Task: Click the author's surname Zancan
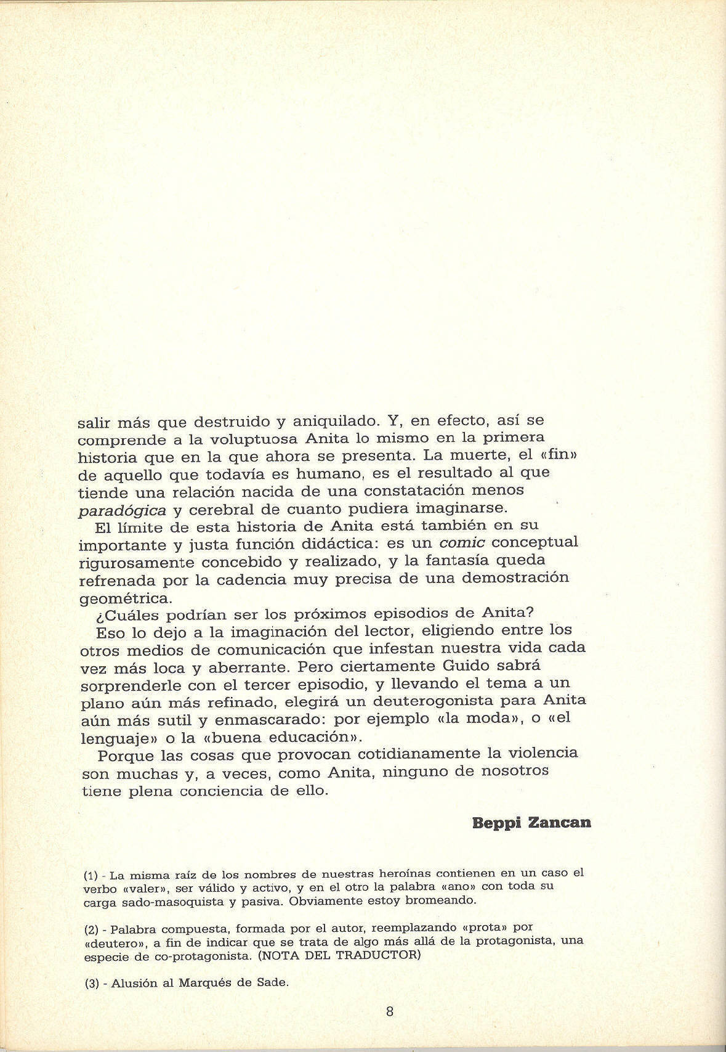click(560, 823)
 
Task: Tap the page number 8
click(389, 1011)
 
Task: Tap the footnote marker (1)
click(91, 875)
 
